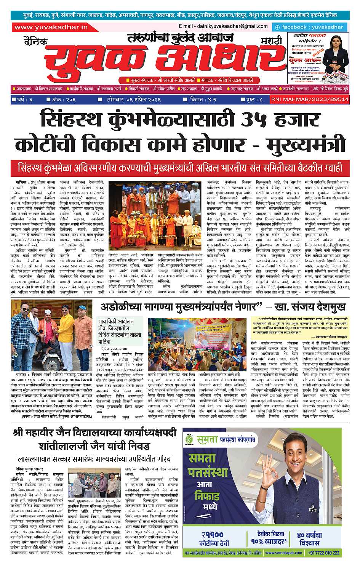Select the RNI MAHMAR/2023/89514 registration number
[309, 99]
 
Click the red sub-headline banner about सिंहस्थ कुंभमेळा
[180, 167]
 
